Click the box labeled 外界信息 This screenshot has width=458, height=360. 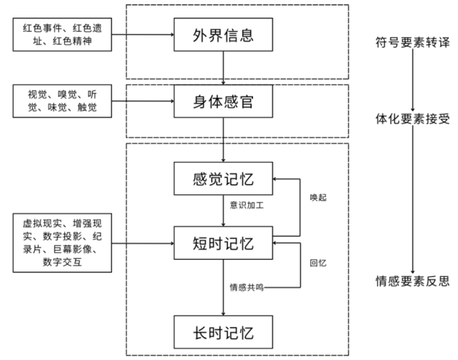224,36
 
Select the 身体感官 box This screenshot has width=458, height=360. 224,102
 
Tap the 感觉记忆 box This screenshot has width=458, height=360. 224,179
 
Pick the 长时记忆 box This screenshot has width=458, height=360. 224,332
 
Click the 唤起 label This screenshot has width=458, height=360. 318,197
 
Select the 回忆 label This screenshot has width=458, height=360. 318,263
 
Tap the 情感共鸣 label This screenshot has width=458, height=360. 247,286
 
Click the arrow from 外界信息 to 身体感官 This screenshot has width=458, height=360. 224,69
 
